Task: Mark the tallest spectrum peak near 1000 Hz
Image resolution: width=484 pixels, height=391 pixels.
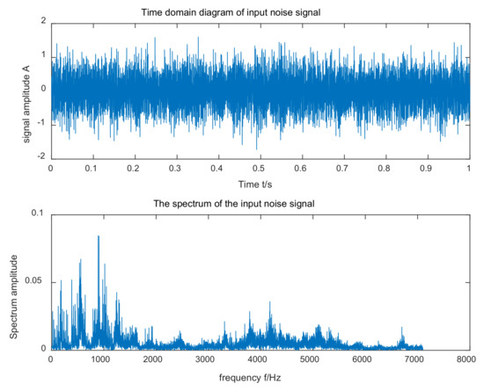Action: [x=99, y=237]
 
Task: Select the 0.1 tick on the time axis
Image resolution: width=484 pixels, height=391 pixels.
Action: [x=92, y=166]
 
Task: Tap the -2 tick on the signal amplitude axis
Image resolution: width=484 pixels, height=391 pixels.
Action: [x=40, y=156]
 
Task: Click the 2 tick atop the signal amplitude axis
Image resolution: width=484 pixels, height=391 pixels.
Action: [x=42, y=20]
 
